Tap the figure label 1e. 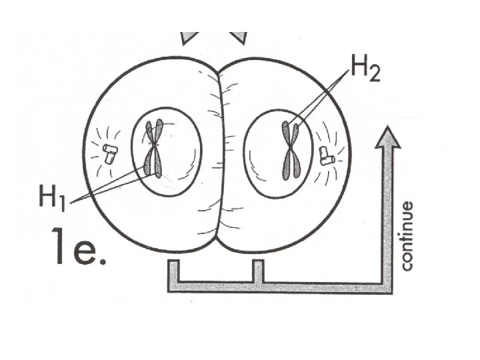point(79,248)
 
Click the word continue point(407,236)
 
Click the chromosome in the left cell point(155,150)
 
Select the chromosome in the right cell point(291,149)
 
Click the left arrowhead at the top point(190,36)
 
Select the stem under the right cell point(258,271)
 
